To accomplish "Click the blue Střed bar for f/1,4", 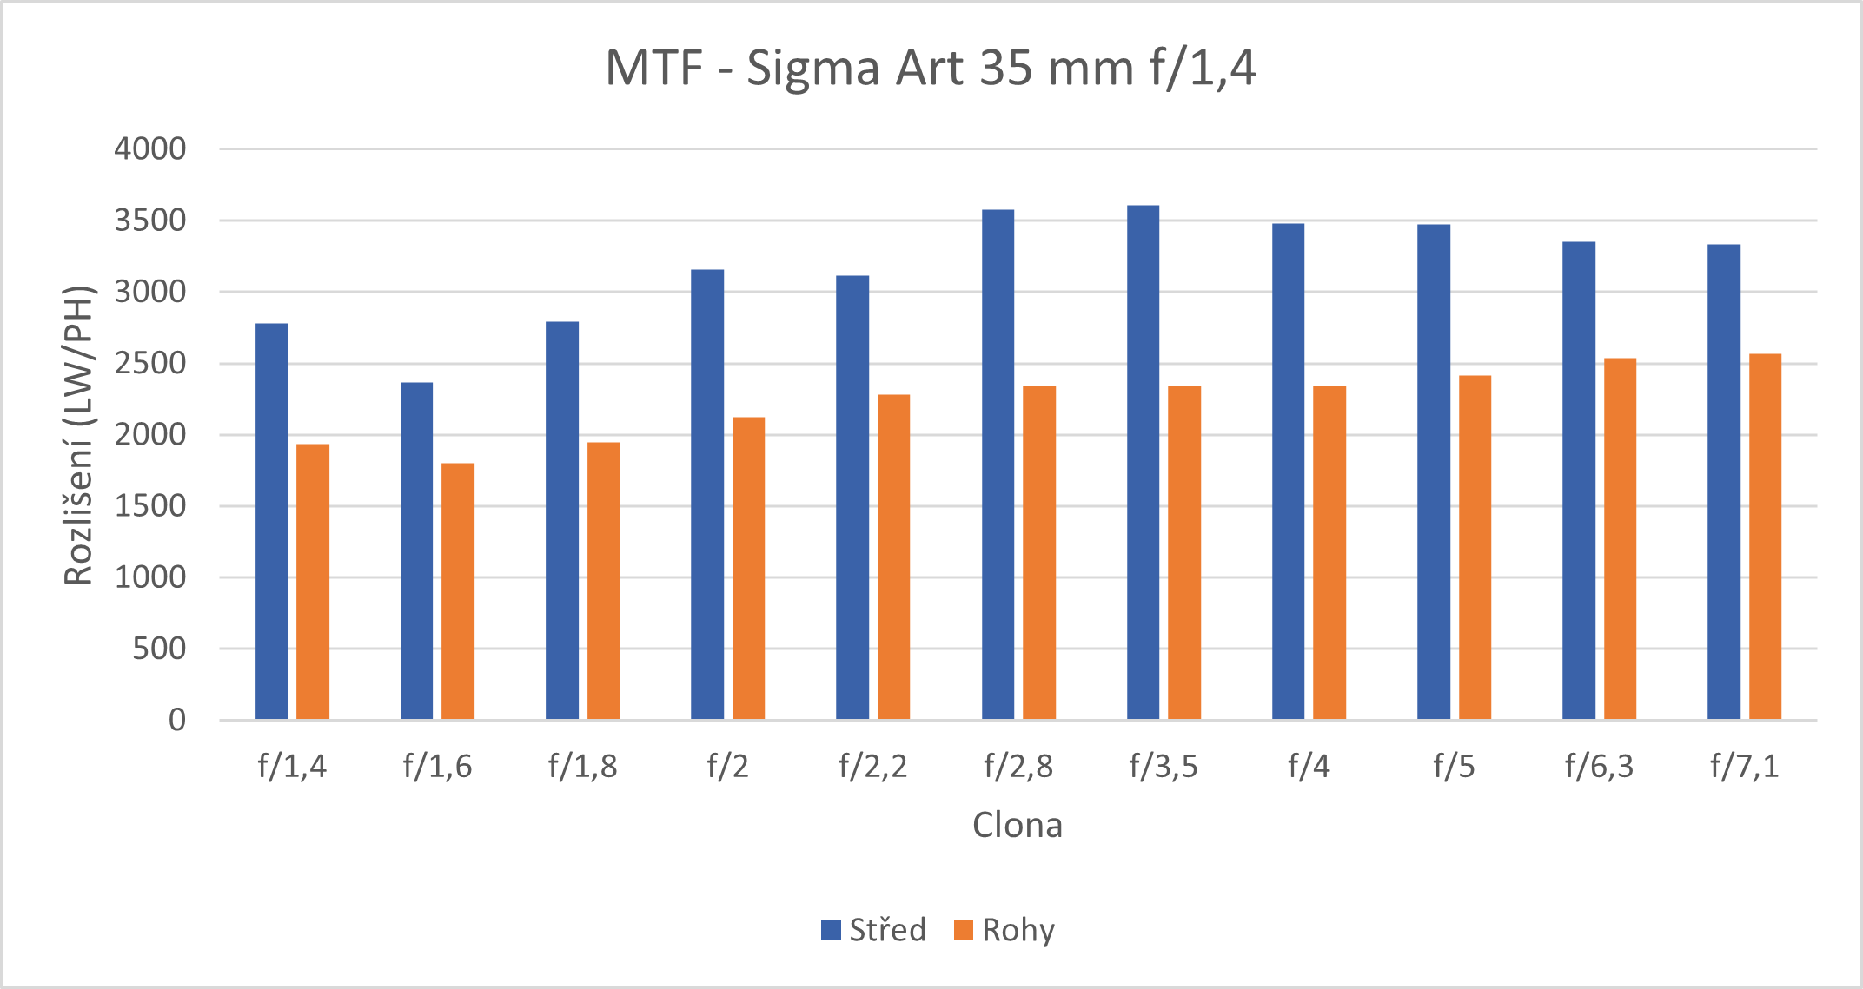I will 271,521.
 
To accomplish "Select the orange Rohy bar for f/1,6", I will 458,590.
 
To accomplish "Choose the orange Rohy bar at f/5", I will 1475,547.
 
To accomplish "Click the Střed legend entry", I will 874,930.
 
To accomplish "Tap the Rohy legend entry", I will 1004,930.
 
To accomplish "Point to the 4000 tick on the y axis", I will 150,149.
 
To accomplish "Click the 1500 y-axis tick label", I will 150,506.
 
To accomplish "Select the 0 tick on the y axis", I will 177,720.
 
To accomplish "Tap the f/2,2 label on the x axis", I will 872,767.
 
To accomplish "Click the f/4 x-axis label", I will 1309,767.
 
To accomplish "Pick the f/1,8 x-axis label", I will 582,767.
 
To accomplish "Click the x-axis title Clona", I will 1017,825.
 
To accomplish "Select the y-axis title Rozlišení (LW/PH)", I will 78,435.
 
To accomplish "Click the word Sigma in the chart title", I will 813,69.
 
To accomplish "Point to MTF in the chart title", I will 653,68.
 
